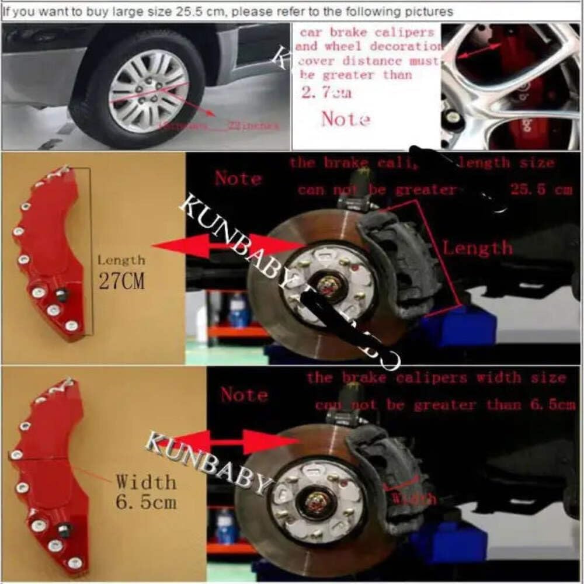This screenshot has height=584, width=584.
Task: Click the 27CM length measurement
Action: coord(120,282)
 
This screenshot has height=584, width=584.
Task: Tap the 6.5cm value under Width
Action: coord(146,502)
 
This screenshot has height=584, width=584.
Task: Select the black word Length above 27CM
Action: coord(121,260)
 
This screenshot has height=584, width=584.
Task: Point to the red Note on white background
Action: coord(346,119)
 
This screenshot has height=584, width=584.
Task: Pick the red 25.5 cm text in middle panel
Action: coord(541,190)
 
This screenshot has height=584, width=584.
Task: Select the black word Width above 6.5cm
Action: coord(145,482)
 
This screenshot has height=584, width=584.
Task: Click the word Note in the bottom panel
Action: coord(244,395)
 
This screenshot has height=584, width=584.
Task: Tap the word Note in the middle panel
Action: coord(238,178)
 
